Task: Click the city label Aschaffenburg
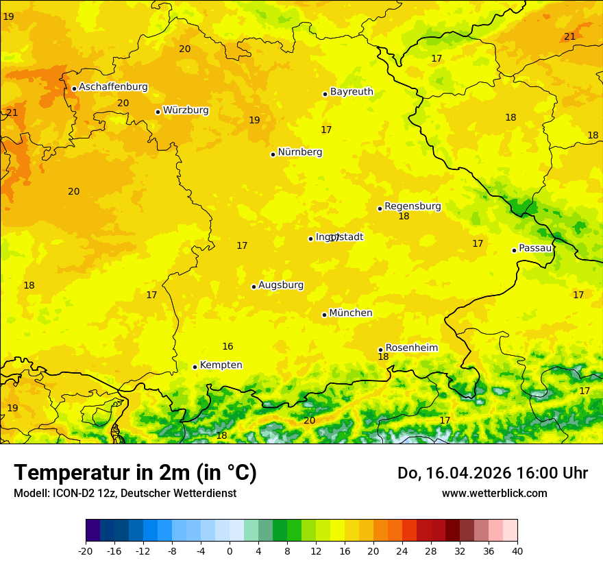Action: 113,87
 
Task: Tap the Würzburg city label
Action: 186,110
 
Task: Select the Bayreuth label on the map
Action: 352,92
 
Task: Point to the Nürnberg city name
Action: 299,152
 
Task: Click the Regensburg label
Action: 413,206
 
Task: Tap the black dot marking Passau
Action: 514,250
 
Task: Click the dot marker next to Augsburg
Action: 254,287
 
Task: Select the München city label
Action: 351,313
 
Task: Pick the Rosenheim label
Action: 411,348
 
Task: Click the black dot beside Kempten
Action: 195,367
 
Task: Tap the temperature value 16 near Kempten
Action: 227,347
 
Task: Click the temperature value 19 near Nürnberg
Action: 254,121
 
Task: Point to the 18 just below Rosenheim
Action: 383,357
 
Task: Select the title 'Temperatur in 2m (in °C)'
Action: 135,473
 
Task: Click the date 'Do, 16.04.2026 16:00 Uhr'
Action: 492,473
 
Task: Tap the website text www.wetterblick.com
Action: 494,494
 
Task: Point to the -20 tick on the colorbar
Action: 86,551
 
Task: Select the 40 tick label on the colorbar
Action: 517,551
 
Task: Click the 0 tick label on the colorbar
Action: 230,551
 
